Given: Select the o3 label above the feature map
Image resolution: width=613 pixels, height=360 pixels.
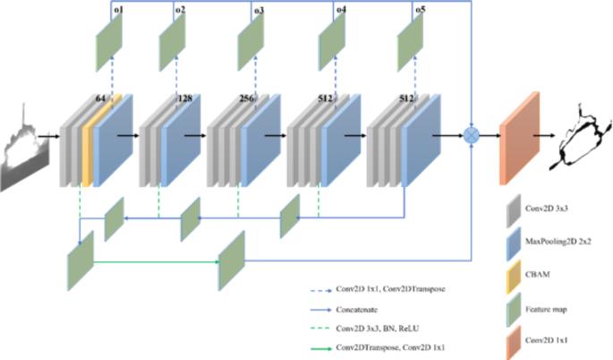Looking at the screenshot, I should (259, 10).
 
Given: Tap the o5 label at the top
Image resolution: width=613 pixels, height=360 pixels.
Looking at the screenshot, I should (420, 10).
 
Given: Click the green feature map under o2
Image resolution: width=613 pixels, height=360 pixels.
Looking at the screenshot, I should (172, 39).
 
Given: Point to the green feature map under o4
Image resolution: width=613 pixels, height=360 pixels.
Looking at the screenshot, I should (331, 39).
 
